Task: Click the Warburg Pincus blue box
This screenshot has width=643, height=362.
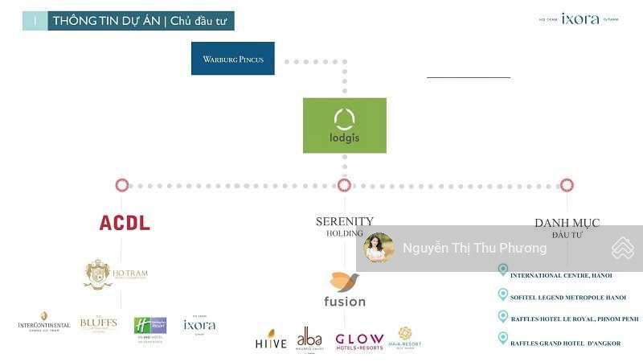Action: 233,59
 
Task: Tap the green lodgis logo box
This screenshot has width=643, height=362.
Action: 345,125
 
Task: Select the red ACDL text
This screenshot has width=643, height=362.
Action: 125,223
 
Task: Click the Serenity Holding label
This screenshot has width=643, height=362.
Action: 345,226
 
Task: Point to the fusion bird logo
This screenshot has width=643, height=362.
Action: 345,282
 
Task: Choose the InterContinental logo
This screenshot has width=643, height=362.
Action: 44,322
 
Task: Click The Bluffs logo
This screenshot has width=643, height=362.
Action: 98,323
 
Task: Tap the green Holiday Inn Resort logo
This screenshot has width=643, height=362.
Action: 149,327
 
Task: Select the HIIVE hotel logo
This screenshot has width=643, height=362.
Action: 271,339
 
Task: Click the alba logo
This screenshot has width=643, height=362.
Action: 309,339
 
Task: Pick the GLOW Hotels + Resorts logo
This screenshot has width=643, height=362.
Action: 359,340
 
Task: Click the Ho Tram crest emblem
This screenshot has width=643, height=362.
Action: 98,274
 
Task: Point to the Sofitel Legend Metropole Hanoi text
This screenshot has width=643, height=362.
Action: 568,298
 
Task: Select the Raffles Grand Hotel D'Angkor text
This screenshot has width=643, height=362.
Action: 566,343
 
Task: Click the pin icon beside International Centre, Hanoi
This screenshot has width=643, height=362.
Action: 503,270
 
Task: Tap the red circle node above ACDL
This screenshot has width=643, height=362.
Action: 122,185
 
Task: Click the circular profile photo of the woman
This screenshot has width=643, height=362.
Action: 379,248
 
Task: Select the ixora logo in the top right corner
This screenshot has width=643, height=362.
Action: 580,19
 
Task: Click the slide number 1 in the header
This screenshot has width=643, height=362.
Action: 35,21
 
